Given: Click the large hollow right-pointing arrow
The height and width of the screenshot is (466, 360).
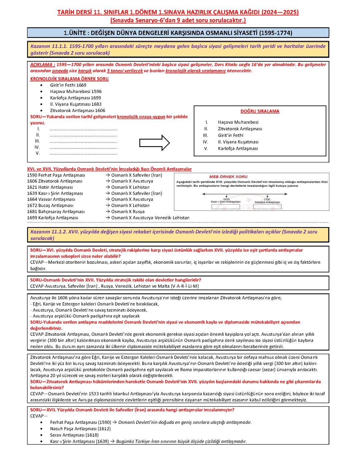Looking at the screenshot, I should point(155,142).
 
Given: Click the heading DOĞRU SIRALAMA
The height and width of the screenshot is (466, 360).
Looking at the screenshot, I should point(260,111).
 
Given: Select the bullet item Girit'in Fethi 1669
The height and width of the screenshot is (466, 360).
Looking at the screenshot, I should point(68,85).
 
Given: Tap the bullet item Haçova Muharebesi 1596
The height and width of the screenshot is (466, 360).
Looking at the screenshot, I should point(76,91).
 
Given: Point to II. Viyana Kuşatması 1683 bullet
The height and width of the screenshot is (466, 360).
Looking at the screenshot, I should point(76,104).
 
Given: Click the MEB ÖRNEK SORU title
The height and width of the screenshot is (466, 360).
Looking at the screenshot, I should point(228,176).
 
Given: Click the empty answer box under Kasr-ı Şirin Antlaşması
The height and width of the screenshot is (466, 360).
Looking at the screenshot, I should point(226,207).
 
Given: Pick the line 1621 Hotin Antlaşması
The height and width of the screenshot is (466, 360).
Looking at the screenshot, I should point(50,187).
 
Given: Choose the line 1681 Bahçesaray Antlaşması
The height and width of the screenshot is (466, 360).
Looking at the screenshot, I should point(56,211).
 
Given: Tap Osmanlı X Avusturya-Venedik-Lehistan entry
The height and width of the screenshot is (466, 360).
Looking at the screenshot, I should point(150,218).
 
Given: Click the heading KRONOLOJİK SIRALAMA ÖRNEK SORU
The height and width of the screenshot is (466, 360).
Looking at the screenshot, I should point(69,79).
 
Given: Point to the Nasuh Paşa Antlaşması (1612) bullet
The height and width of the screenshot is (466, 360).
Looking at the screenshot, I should point(80,429).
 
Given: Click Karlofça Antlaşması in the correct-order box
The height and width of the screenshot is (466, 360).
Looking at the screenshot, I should point(238,148).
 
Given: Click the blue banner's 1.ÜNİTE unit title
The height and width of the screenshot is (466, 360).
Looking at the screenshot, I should point(178,33).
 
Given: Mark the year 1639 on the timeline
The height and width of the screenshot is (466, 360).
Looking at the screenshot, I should point(226,199).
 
